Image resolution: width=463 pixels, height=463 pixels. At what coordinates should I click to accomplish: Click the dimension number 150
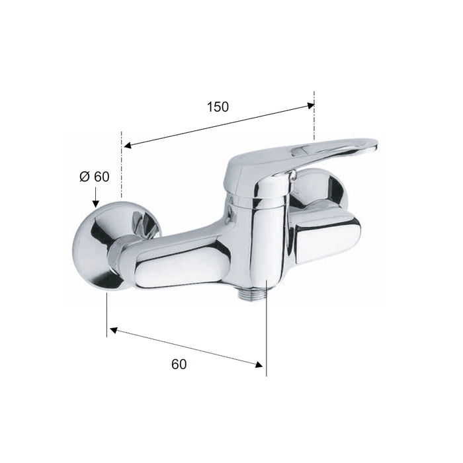(x=218, y=107)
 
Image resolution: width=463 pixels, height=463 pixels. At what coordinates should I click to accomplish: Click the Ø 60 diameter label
(x=95, y=177)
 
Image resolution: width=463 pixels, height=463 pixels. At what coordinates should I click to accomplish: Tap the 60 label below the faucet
(x=179, y=364)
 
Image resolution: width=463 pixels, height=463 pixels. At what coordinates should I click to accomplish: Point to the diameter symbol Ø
(x=85, y=177)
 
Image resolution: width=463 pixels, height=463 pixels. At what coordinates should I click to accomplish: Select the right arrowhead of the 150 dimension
(x=311, y=105)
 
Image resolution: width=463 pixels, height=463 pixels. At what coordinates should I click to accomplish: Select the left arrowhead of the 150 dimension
(x=128, y=146)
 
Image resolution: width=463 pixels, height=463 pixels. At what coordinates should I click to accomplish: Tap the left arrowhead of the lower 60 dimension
(x=113, y=329)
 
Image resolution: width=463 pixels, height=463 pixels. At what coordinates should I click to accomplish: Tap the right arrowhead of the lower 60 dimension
(x=259, y=364)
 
